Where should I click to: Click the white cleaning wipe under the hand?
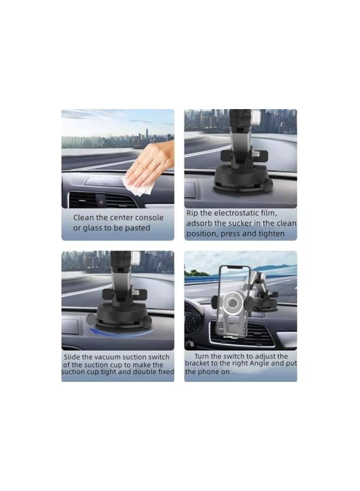point(136,184)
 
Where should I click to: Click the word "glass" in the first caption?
point(96,228)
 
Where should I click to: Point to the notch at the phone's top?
point(235,267)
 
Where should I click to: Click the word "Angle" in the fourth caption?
point(262,363)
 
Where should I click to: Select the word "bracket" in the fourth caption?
point(197,363)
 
